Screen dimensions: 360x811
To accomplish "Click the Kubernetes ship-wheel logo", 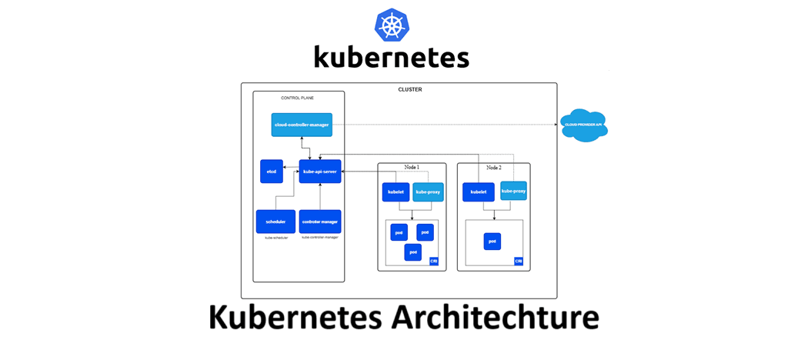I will tap(392, 25).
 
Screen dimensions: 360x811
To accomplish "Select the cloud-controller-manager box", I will tap(302, 125).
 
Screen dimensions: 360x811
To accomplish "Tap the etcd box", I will tap(272, 172).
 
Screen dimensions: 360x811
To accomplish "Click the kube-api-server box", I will tap(320, 172).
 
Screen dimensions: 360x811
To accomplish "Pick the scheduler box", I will tap(275, 222).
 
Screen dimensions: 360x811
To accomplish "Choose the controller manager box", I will tap(320, 222).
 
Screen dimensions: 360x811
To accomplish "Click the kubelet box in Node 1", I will tap(395, 192).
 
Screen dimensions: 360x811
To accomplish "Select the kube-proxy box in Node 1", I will tap(428, 192).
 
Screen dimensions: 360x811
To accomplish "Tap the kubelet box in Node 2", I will tap(478, 192).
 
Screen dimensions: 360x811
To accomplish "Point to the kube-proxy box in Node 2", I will tap(513, 191).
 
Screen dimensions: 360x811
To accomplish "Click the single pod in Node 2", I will tap(492, 242).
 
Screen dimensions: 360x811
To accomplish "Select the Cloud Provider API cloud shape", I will tap(584, 125).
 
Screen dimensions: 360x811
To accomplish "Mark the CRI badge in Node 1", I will tap(434, 262).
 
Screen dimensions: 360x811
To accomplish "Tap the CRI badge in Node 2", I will tap(519, 262).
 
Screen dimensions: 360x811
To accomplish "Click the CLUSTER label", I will tap(409, 90).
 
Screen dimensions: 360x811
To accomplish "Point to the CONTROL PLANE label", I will tap(297, 98).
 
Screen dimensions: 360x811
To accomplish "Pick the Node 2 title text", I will tap(493, 167).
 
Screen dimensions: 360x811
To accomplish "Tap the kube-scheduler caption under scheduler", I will tap(275, 238).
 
